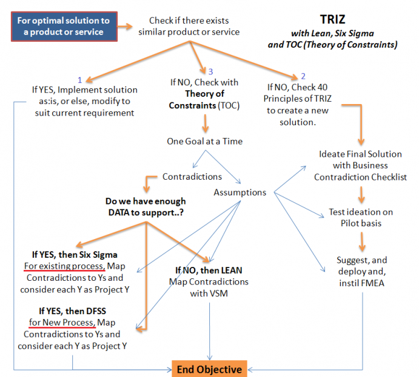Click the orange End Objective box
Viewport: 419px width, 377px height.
click(x=210, y=368)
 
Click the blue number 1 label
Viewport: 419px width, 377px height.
click(x=79, y=79)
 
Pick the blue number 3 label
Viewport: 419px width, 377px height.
click(x=210, y=71)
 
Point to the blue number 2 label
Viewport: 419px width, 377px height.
click(x=295, y=76)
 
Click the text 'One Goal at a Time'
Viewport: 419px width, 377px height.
click(x=205, y=141)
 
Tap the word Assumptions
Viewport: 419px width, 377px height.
click(x=240, y=192)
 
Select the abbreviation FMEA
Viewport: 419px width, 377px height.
click(x=372, y=283)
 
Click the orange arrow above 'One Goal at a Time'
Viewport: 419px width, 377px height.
click(x=205, y=123)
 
